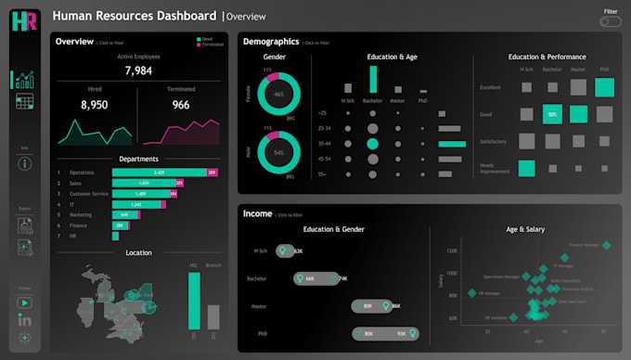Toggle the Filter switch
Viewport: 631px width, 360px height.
point(610,21)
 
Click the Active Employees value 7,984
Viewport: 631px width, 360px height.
point(138,71)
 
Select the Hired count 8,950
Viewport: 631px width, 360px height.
point(95,106)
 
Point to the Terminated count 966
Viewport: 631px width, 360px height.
point(180,106)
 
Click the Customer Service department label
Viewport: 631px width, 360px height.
point(89,193)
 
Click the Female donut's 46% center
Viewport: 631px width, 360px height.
point(278,95)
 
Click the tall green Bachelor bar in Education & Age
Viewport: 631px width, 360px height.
point(373,79)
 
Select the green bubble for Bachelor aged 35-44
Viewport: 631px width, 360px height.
point(373,144)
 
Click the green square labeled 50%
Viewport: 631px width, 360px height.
point(552,114)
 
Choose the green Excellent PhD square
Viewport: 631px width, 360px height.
point(604,87)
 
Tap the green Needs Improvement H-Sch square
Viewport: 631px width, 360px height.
point(526,168)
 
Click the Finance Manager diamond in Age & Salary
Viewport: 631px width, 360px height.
point(607,246)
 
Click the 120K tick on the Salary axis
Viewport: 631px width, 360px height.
point(452,251)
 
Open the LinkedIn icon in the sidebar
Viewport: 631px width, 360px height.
point(25,320)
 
